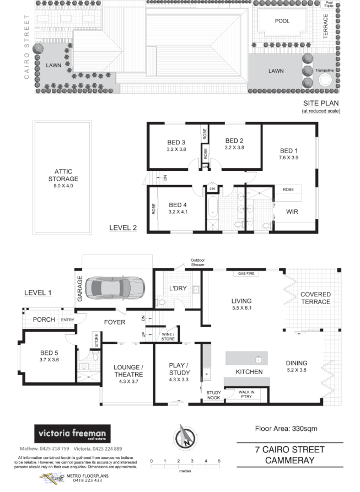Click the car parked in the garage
coord(116,286)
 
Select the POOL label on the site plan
coord(283,20)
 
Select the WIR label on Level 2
coord(284,211)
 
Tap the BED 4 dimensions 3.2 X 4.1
coord(177,210)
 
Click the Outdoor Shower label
coord(197,263)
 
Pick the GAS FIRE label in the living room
coord(246,273)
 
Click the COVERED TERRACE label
coord(315,298)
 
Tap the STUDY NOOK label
coord(213,395)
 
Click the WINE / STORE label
coord(168,337)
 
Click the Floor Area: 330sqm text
coord(286,428)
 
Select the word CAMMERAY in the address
coord(289,461)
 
